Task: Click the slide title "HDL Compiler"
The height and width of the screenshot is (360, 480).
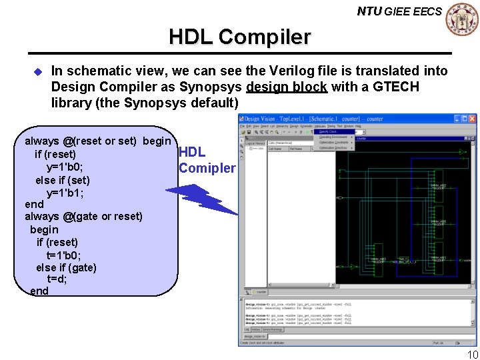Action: coord(239,37)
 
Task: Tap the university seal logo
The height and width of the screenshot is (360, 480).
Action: coord(462,19)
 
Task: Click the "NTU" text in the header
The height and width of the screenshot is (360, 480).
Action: coord(369,11)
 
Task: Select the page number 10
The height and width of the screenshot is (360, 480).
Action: coord(472,354)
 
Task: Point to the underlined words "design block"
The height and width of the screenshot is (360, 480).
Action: coord(286,87)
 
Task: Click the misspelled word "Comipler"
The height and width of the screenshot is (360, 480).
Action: coord(207,168)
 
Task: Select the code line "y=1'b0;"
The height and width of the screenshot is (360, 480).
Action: coord(65,167)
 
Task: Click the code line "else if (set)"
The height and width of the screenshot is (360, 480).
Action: coord(63,180)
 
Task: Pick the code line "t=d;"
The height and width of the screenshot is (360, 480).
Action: coord(57,279)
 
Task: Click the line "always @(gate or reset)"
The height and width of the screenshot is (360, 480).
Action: coord(83,216)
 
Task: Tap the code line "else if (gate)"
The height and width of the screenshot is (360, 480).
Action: coord(66,267)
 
